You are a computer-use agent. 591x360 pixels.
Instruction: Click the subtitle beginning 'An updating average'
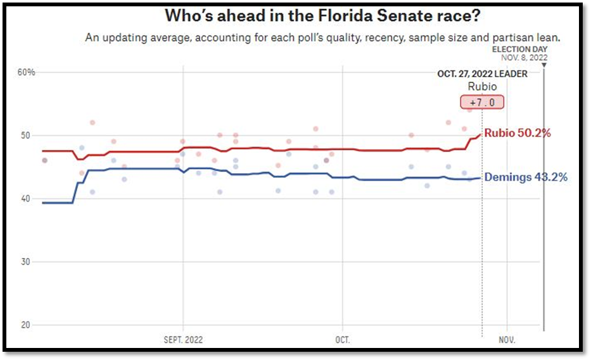click(323, 38)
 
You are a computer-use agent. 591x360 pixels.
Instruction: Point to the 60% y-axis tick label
click(27, 72)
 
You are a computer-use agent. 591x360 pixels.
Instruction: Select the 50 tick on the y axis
click(25, 136)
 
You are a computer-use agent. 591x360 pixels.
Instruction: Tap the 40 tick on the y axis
click(25, 198)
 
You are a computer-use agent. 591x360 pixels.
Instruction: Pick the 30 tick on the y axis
click(25, 262)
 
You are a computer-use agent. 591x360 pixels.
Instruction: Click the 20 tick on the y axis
click(25, 325)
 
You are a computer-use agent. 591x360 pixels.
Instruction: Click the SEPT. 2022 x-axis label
click(183, 340)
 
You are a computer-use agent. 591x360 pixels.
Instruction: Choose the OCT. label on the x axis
click(342, 340)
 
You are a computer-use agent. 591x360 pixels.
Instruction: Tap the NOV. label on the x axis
click(507, 340)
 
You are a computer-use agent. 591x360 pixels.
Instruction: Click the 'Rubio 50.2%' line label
click(518, 133)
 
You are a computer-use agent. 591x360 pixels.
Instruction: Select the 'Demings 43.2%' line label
click(526, 177)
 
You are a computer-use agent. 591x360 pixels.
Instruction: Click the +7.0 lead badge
click(482, 103)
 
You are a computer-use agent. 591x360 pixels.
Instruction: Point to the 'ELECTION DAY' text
click(520, 49)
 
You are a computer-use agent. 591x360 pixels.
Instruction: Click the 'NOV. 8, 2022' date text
click(524, 57)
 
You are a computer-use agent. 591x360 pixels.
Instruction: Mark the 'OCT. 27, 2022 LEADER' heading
click(482, 74)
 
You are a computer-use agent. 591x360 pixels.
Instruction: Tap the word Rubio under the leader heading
click(482, 87)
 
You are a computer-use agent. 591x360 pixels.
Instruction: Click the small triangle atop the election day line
click(544, 65)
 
